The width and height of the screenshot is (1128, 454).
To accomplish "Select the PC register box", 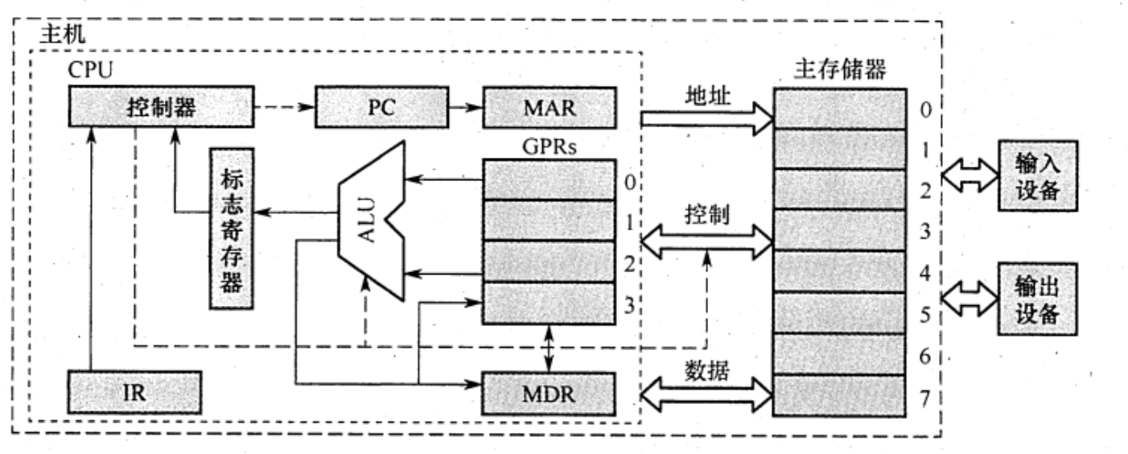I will pyautogui.click(x=382, y=107).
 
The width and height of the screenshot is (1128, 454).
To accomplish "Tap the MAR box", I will pyautogui.click(x=548, y=107).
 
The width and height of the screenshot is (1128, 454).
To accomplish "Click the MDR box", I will pyautogui.click(x=548, y=391).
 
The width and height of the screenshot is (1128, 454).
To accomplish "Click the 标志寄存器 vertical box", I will pyautogui.click(x=231, y=229).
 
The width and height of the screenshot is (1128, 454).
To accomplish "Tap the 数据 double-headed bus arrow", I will pyautogui.click(x=706, y=394).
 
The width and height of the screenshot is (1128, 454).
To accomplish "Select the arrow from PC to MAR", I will pyautogui.click(x=465, y=107).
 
